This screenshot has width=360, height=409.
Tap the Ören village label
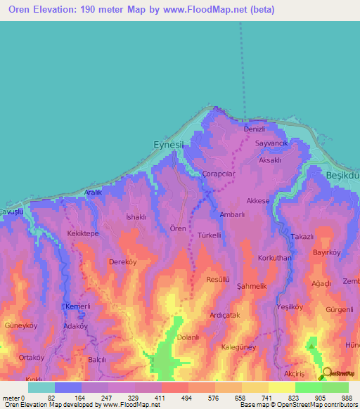click(x=178, y=228)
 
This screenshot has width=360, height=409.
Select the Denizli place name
click(x=254, y=130)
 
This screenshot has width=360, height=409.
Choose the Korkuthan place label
click(x=274, y=259)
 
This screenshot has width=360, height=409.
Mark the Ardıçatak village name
click(x=225, y=316)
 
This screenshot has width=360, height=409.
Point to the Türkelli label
click(x=210, y=235)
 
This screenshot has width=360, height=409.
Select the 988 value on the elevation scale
click(x=347, y=398)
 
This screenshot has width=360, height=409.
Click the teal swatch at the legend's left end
click(x=41, y=387)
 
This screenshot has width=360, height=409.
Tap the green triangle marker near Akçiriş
click(x=311, y=344)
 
